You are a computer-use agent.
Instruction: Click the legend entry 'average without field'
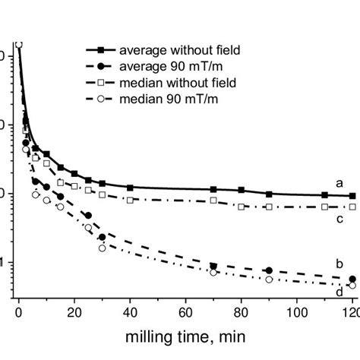(x=175, y=49)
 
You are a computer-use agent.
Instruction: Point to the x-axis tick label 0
(x=19, y=311)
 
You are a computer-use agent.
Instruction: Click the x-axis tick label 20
(x=74, y=311)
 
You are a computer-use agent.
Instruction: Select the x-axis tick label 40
(x=130, y=311)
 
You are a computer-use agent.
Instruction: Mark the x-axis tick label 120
(x=349, y=311)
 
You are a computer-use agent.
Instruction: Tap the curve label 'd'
(x=339, y=289)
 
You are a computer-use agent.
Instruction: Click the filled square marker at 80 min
(x=242, y=190)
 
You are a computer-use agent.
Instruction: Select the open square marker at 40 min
(x=130, y=200)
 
